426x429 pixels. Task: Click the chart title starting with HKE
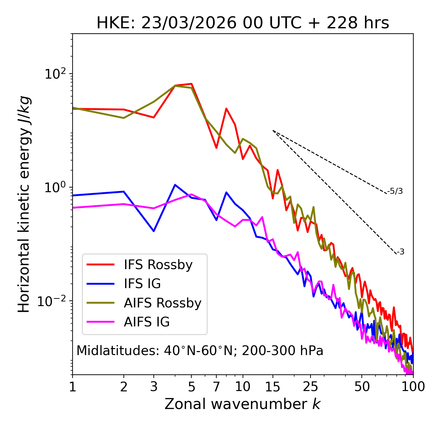pyautogui.click(x=243, y=23)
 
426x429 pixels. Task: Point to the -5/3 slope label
pyautogui.click(x=395, y=191)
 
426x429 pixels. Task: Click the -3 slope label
pyautogui.click(x=400, y=252)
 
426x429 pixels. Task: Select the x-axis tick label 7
pyautogui.click(x=216, y=387)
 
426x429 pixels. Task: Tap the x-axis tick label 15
pyautogui.click(x=273, y=387)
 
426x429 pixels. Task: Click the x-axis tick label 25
pyautogui.click(x=311, y=387)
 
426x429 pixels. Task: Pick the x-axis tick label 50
pyautogui.click(x=362, y=387)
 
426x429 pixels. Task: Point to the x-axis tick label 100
pyautogui.click(x=413, y=387)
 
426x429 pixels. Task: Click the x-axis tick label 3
pyautogui.click(x=153, y=387)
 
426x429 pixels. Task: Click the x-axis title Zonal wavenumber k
pyautogui.click(x=243, y=404)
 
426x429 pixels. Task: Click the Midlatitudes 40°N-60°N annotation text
pyautogui.click(x=200, y=351)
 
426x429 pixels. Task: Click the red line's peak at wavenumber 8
pyautogui.click(x=226, y=109)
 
